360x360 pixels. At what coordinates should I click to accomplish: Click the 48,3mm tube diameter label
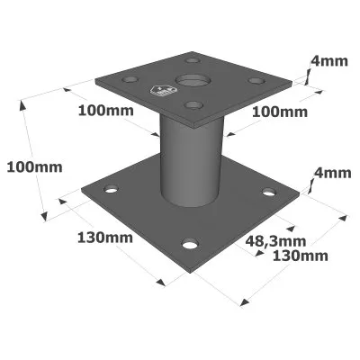pyautogui.click(x=275, y=241)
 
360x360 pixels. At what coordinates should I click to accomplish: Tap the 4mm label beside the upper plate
pyautogui.click(x=329, y=61)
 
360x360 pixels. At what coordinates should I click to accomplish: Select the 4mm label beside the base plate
pyautogui.click(x=332, y=173)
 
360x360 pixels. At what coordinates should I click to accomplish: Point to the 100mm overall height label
pyautogui.click(x=34, y=167)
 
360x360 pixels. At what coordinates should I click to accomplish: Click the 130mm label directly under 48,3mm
pyautogui.click(x=301, y=256)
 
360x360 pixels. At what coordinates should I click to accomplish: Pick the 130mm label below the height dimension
pyautogui.click(x=105, y=238)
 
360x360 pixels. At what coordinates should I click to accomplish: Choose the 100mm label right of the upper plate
pyautogui.click(x=280, y=112)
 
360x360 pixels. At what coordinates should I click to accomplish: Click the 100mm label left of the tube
pyautogui.click(x=106, y=111)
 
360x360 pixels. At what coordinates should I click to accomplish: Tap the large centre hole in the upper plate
pyautogui.click(x=191, y=80)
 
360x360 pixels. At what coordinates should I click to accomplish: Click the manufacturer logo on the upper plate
pyautogui.click(x=162, y=91)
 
